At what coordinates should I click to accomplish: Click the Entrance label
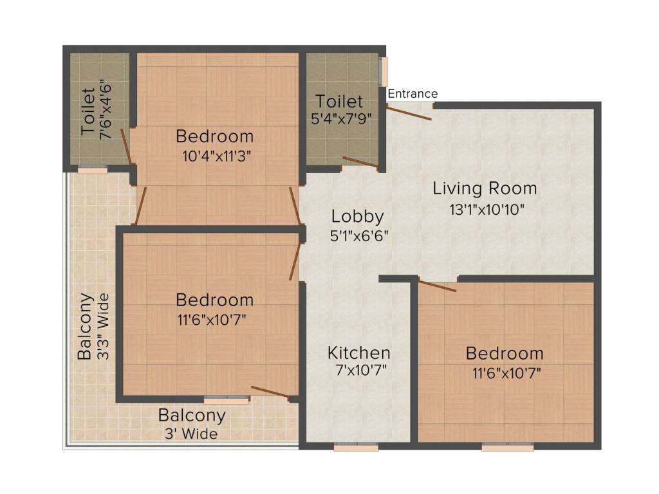(x=413, y=94)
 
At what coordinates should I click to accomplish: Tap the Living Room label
(x=485, y=188)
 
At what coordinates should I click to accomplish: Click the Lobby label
(x=358, y=216)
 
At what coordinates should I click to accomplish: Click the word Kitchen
(x=358, y=352)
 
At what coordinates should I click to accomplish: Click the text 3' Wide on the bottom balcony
(x=190, y=434)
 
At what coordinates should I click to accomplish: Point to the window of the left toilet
(x=92, y=170)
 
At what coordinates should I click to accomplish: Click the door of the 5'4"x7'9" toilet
(x=360, y=162)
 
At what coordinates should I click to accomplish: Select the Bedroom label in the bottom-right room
(x=505, y=353)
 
